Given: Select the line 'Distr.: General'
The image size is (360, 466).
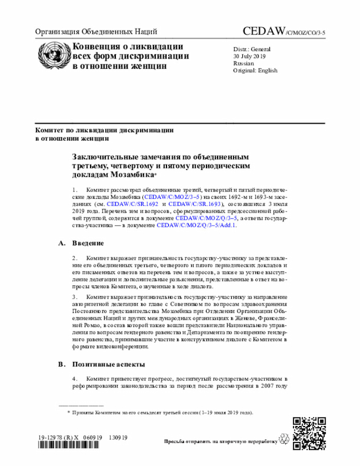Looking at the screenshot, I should point(252,49).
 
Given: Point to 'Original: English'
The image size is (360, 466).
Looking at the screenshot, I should point(255,71).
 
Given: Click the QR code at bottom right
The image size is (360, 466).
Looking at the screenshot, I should point(309,434).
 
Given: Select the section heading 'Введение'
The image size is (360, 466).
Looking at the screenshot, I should point(88,243).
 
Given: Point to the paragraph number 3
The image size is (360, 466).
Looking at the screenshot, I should point(74,296).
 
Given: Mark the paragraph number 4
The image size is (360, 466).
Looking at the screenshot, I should point(74,379).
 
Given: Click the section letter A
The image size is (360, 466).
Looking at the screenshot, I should point(61,243).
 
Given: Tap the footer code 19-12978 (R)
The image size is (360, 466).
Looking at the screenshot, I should point(57,437).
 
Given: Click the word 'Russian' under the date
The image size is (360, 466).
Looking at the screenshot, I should point(244,64).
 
